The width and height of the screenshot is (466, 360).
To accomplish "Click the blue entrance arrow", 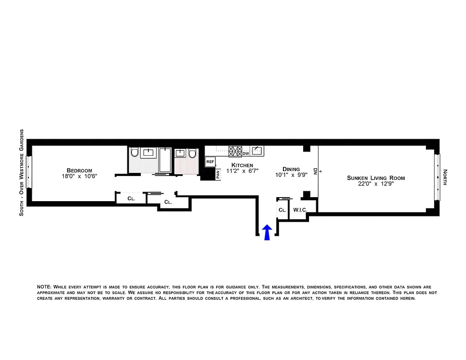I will point(267,232).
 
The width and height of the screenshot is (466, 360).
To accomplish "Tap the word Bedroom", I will point(79,171).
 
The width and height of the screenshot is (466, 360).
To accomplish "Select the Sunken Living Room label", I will point(376,178).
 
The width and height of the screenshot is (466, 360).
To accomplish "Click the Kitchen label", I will point(242,165).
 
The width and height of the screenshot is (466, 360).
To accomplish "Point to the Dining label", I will point(291,169).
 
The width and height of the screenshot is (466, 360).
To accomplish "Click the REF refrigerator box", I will point(210,161).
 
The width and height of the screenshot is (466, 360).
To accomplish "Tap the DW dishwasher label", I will point(246,153).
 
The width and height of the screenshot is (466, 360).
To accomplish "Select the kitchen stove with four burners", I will point(235,151).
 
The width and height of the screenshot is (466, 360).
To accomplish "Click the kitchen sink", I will point(257,150).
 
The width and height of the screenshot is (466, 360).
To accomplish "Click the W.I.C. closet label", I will point(300,210).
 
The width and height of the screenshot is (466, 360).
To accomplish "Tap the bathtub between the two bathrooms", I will point(165,160).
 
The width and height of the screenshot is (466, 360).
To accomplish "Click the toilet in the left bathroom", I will point(134,153).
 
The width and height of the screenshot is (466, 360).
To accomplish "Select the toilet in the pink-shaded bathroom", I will point(193,154).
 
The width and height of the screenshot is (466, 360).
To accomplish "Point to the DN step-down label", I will point(315,171).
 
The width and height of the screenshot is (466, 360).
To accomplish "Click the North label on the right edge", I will point(445,177).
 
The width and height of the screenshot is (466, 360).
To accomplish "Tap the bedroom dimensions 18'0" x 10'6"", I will point(79,176).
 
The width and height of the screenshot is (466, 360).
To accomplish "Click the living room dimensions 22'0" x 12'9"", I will point(376,184).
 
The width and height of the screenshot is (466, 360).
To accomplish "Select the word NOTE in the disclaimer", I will point(44,287).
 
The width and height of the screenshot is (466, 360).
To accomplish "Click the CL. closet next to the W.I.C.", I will point(282,210).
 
